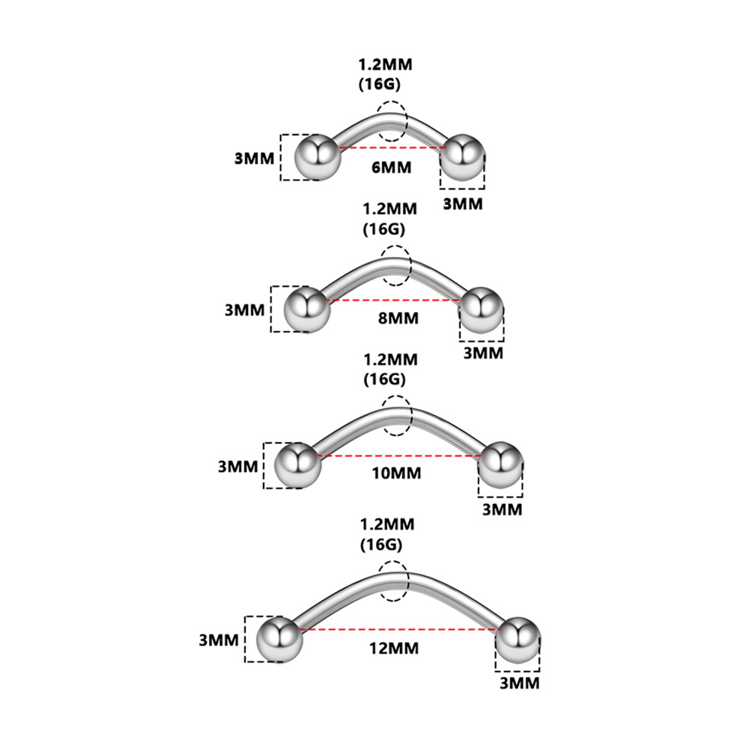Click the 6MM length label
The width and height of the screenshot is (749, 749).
[x=392, y=167]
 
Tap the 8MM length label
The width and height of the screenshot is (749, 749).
[x=398, y=318]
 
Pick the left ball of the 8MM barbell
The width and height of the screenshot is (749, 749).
[x=306, y=309]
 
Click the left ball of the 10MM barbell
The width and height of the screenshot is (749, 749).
[x=298, y=464]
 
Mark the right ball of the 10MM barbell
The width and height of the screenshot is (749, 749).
[x=500, y=464]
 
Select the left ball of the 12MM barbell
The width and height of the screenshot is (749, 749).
[x=279, y=639]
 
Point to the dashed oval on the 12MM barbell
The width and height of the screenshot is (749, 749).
[x=393, y=581]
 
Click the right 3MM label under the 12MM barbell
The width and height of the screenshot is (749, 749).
[x=520, y=683]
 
